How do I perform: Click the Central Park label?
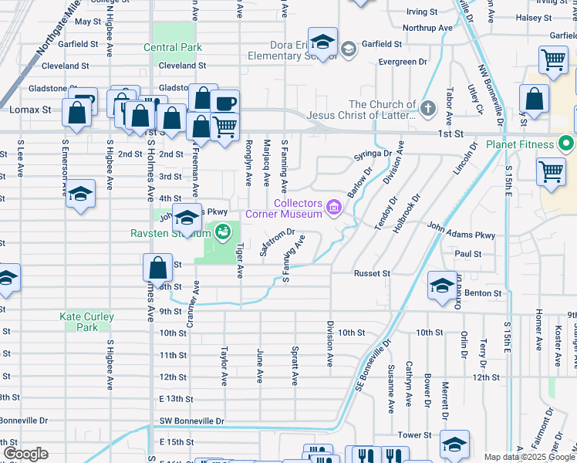tap(173, 47)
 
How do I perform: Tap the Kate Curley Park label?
tap(87, 322)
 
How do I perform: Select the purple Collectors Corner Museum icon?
tap(334, 206)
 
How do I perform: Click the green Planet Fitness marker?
tap(567, 144)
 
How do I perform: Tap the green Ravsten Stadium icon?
tap(222, 231)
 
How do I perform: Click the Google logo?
tap(25, 454)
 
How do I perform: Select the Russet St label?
tap(373, 273)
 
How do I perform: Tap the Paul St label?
tap(467, 253)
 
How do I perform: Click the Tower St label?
tap(413, 435)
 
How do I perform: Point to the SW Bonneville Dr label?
tap(191, 421)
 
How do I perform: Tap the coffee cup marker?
tap(224, 103)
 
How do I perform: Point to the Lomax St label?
tap(29, 110)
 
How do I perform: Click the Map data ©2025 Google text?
tap(529, 457)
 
